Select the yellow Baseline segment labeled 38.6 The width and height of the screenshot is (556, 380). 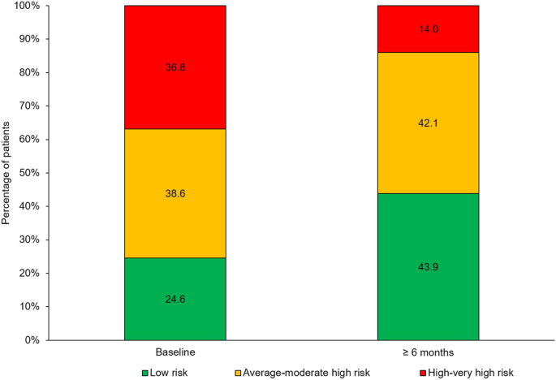[175, 193]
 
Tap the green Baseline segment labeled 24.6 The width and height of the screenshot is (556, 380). [175, 298]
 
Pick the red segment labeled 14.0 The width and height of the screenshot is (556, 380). [428, 28]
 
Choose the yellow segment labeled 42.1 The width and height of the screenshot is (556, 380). [428, 123]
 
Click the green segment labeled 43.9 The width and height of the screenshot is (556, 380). [428, 266]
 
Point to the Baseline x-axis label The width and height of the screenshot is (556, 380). [175, 352]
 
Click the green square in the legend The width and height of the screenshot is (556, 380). [145, 373]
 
